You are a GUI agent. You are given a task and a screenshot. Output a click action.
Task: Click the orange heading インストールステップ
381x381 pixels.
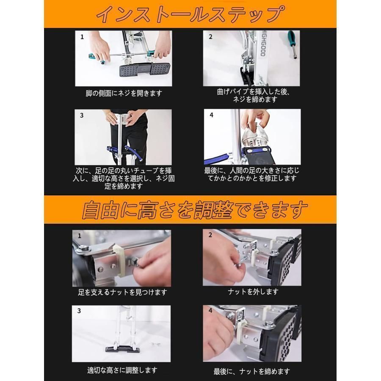pyautogui.click(x=190, y=14)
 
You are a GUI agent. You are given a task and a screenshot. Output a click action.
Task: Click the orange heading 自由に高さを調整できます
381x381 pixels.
pyautogui.click(x=195, y=210)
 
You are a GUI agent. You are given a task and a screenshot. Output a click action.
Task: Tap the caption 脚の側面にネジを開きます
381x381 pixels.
pyautogui.click(x=124, y=93)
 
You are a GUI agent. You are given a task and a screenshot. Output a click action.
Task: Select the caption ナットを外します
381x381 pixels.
pyautogui.click(x=253, y=292)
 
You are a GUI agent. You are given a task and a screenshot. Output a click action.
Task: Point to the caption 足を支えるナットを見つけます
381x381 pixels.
pyautogui.click(x=122, y=292)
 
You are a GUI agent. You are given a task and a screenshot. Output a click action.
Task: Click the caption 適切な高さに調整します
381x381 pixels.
pyautogui.click(x=122, y=370)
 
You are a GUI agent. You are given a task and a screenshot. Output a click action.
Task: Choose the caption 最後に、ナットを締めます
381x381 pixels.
pyautogui.click(x=252, y=371)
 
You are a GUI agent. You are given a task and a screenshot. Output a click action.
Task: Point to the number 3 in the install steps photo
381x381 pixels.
pyautogui.click(x=82, y=116)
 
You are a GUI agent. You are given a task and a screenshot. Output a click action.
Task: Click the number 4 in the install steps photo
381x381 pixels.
pyautogui.click(x=211, y=115)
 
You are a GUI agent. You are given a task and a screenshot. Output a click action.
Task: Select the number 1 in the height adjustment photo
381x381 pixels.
pyautogui.click(x=80, y=236)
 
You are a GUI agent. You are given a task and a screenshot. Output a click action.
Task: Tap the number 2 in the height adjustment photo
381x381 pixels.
pyautogui.click(x=210, y=235)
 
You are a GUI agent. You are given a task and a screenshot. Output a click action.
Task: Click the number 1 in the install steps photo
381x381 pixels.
pyautogui.click(x=82, y=37)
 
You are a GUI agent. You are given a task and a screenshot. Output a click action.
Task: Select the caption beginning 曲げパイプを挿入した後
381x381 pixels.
pyautogui.click(x=254, y=96)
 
